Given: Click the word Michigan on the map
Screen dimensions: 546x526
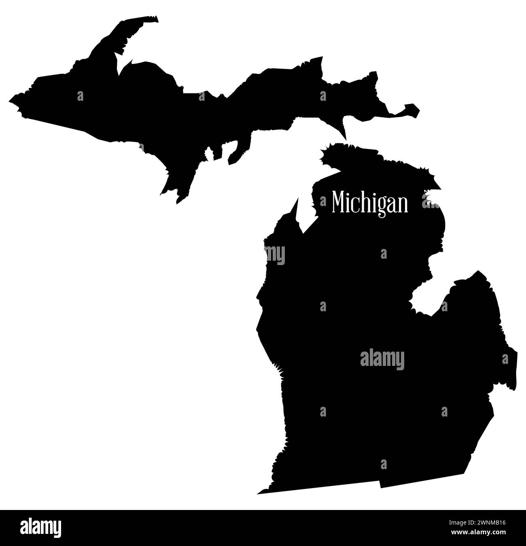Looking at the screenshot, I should pos(370,202).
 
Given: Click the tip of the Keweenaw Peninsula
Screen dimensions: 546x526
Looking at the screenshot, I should pos(155,18).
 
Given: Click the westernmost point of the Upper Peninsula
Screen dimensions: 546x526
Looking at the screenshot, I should pos(10,99).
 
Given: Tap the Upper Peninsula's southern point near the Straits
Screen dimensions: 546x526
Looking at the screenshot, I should pos(345,138).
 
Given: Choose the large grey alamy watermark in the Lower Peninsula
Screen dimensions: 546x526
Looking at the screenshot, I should pos(382,359).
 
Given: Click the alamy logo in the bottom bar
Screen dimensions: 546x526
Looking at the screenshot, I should pos(41,528).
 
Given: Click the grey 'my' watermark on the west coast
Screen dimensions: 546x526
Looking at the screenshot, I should pos(275,255).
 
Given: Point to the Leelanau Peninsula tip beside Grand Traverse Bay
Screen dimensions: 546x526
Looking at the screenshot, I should pos(297,199).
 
